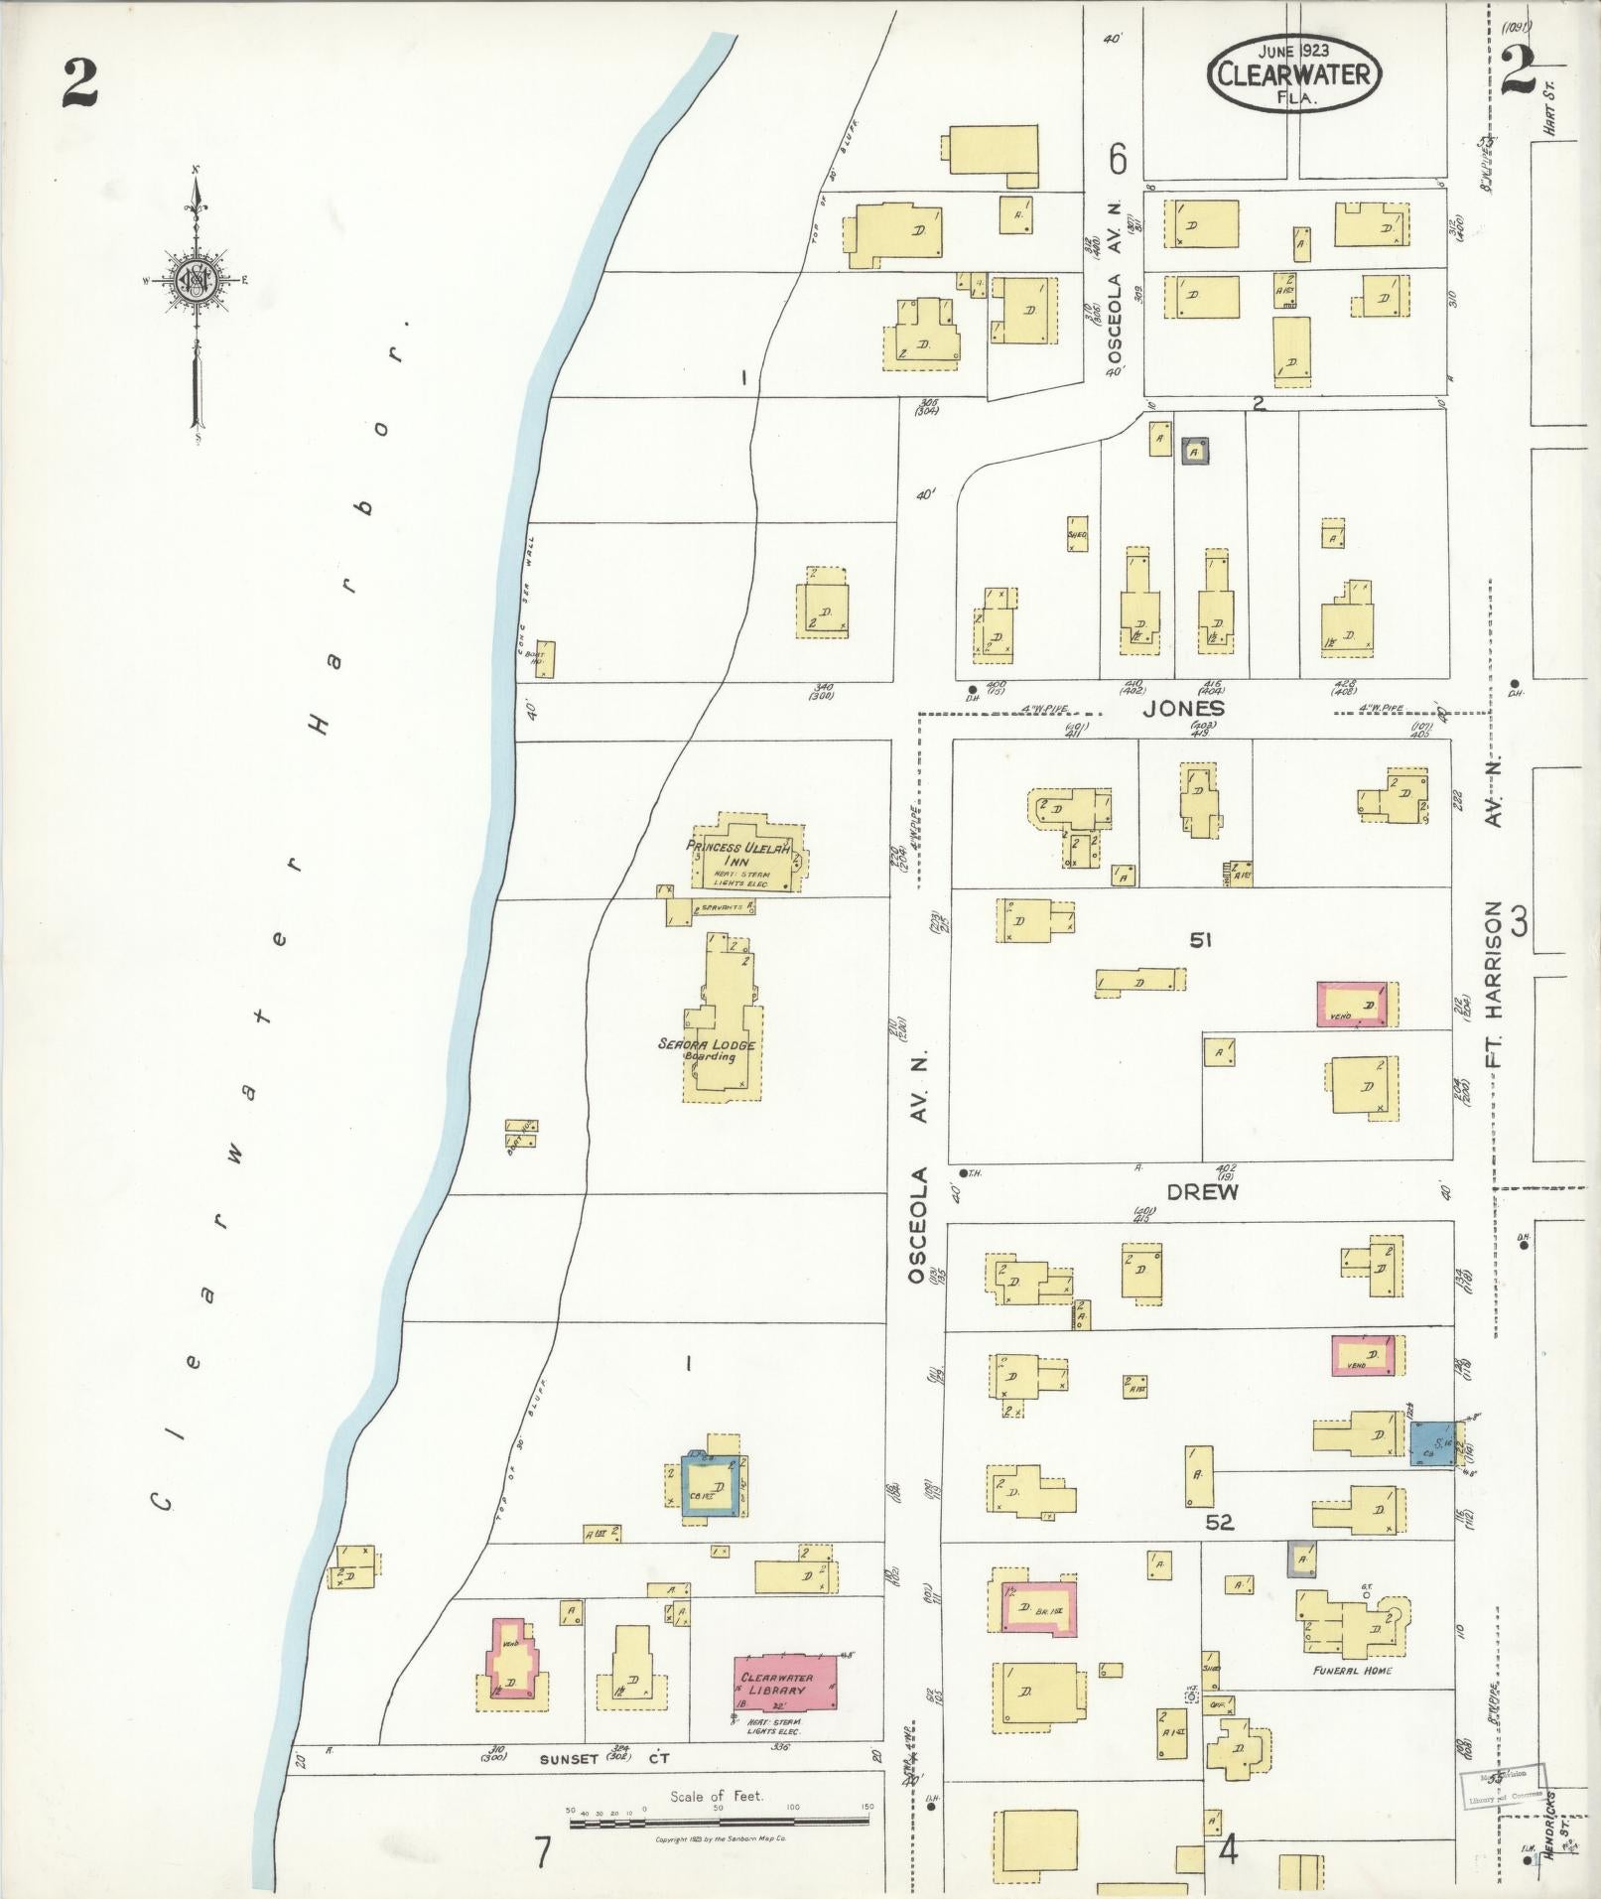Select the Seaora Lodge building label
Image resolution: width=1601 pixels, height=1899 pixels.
tap(707, 1049)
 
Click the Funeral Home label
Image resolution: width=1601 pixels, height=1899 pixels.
tap(1352, 1671)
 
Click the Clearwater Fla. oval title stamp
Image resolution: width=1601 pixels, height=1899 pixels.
tap(1294, 73)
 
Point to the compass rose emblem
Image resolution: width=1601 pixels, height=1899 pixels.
tap(196, 280)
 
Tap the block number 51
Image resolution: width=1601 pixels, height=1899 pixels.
tap(1201, 939)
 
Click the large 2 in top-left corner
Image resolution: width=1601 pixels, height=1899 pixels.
tap(79, 82)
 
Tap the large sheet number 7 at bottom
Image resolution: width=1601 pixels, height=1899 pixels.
tap(542, 1852)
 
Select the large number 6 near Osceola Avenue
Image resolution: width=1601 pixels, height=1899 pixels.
tap(1119, 158)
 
